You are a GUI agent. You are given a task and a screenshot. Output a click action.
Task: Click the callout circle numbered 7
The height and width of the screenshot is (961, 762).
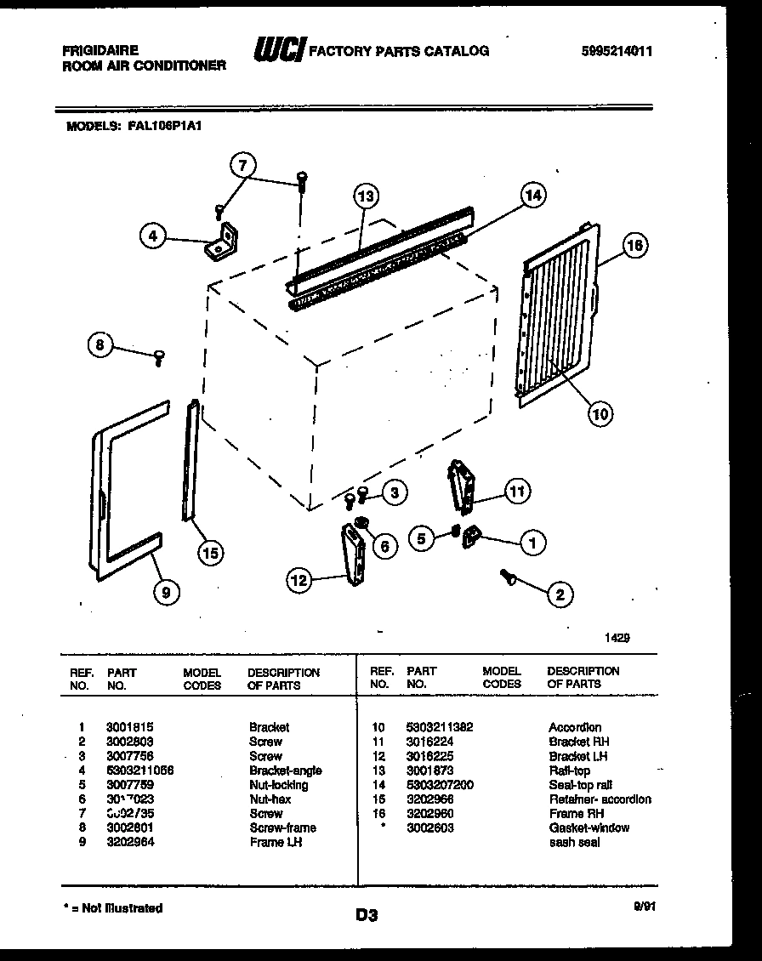(243, 165)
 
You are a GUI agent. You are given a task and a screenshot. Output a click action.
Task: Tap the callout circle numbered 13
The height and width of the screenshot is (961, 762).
(365, 196)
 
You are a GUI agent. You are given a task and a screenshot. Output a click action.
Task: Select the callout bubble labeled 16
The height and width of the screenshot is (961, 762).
(634, 247)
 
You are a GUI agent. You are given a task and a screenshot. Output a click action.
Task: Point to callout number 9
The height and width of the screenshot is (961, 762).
(166, 594)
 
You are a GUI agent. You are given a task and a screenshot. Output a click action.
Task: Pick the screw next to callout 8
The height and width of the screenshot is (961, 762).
(159, 357)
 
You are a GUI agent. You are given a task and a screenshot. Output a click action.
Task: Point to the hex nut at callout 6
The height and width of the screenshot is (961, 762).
(361, 522)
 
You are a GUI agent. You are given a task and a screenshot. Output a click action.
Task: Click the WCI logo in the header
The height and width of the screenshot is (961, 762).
(278, 52)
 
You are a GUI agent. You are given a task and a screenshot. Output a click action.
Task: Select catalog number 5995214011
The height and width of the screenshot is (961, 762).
(617, 51)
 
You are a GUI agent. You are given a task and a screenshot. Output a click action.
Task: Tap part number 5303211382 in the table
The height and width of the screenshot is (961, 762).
(439, 727)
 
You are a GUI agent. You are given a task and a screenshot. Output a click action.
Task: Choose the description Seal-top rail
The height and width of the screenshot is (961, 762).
(580, 785)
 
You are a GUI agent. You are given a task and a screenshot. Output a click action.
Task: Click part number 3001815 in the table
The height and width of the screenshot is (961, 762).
(129, 727)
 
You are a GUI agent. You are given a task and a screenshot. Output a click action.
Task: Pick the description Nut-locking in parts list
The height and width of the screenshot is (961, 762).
(278, 785)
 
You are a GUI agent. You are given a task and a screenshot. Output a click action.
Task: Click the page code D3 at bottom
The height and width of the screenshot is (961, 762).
(367, 916)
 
